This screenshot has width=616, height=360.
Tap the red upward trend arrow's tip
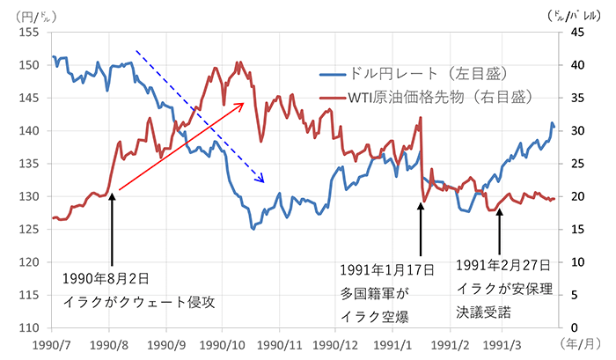point(242,103)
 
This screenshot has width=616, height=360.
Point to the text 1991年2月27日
point(505,264)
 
